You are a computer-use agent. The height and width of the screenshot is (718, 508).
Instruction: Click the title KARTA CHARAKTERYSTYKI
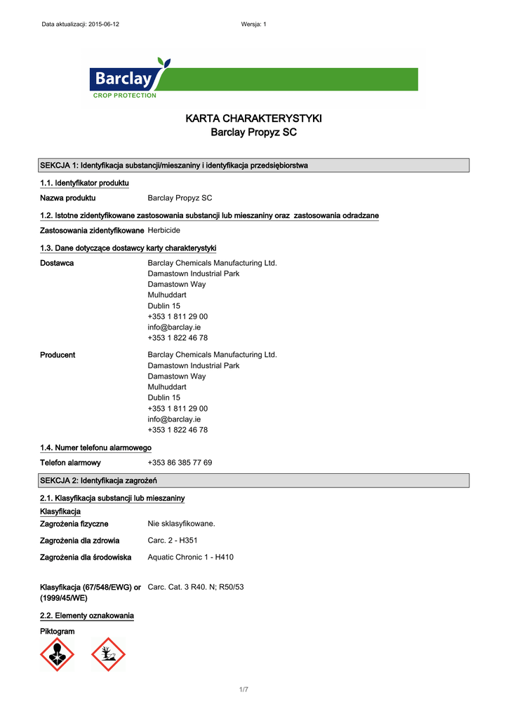coord(253,118)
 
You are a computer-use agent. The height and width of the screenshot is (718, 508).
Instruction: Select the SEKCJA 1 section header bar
coord(253,165)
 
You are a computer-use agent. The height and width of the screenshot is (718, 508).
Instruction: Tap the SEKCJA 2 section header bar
coord(253,480)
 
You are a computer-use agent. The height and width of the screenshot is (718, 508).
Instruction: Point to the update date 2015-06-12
coord(103,25)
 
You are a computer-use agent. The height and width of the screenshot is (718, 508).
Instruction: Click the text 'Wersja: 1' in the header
coord(253,25)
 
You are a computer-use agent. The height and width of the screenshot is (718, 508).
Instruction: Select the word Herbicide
coord(163,231)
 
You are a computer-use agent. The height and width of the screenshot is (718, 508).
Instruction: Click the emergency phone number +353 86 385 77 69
coord(180,463)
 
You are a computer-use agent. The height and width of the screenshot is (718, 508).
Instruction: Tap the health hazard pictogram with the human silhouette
coord(58,654)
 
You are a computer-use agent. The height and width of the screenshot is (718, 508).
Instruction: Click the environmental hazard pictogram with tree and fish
coord(108,654)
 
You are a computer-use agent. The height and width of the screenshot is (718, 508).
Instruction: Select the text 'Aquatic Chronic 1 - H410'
coord(190,557)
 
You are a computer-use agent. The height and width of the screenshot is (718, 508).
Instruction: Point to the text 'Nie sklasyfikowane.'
coord(181,524)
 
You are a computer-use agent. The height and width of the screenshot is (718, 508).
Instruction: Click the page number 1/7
coord(243,690)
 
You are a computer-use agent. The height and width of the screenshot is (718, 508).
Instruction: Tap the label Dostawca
coord(57,263)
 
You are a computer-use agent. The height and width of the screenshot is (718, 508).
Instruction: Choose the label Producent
coord(58,355)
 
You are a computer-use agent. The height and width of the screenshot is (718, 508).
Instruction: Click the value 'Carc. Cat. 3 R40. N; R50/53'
coord(195,587)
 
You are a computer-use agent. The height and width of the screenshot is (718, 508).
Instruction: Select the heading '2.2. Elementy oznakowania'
coord(87,616)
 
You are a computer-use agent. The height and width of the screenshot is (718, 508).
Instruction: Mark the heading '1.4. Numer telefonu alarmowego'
coord(95,447)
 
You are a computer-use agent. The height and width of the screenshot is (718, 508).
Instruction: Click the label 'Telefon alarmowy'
coord(70,463)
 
